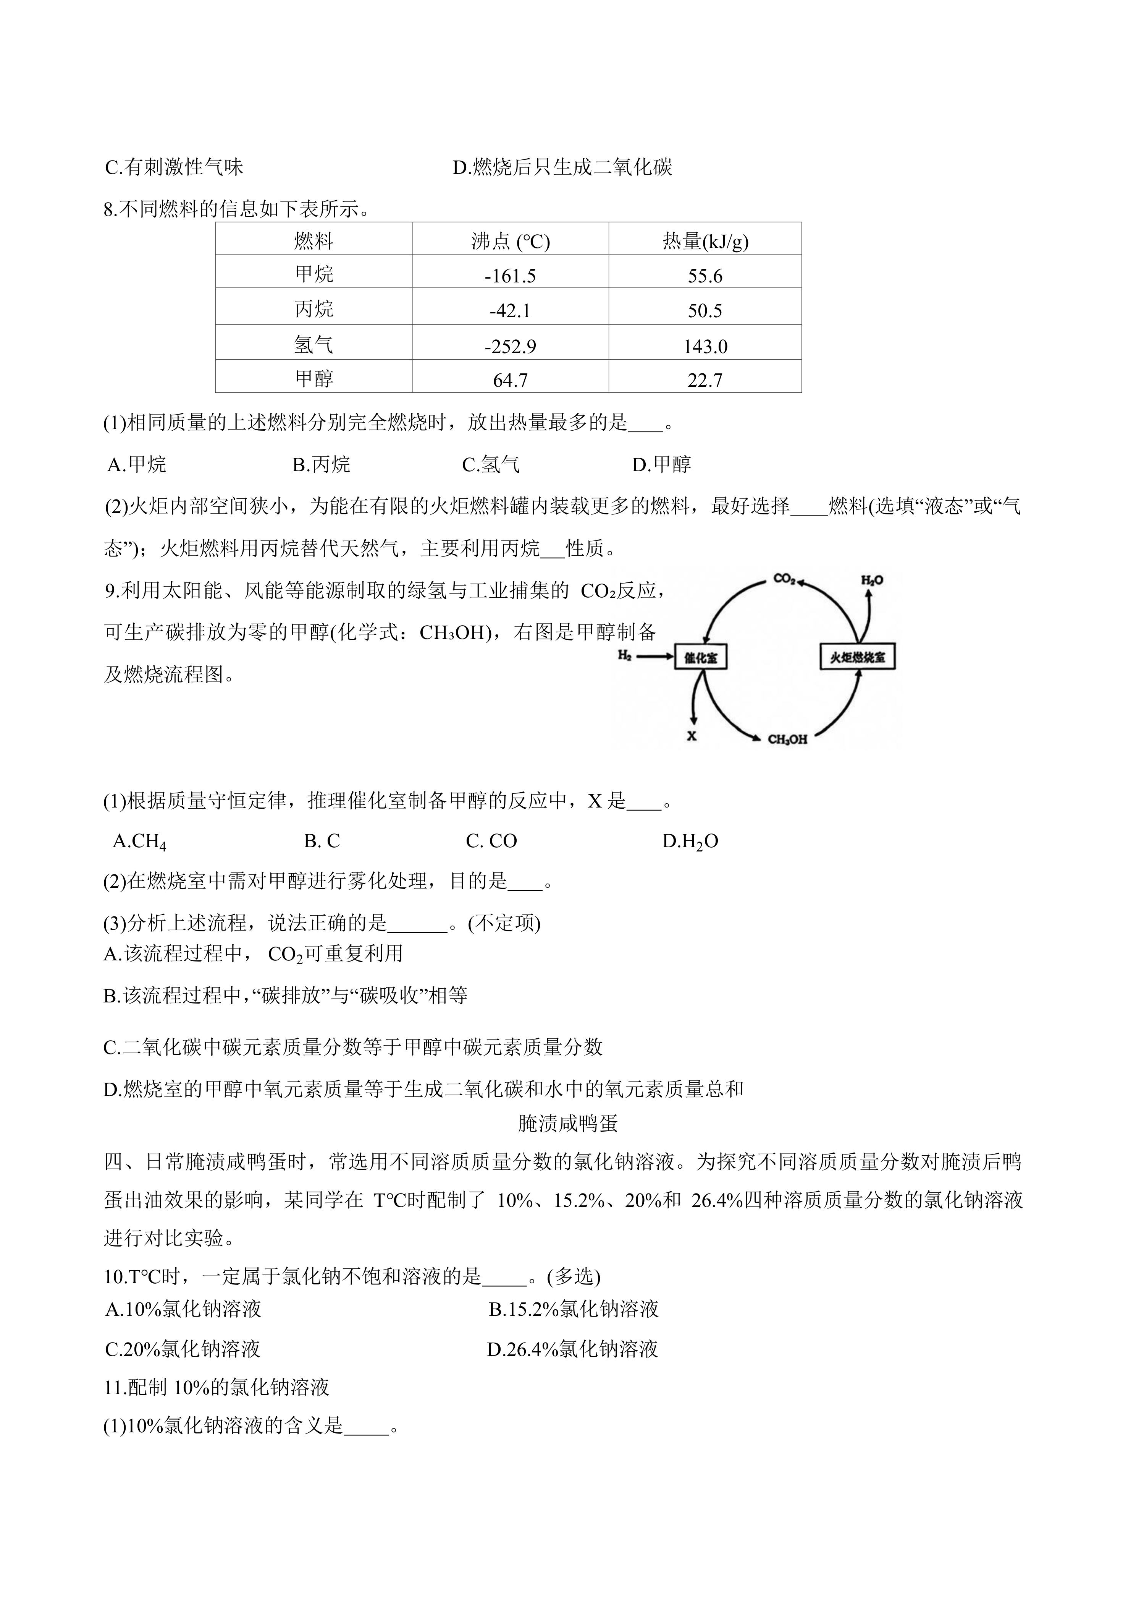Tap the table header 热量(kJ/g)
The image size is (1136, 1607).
click(705, 242)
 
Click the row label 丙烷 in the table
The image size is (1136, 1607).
click(314, 309)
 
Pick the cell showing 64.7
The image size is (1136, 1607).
click(510, 380)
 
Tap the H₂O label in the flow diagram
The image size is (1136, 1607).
click(872, 580)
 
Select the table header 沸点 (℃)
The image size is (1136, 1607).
click(510, 242)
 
